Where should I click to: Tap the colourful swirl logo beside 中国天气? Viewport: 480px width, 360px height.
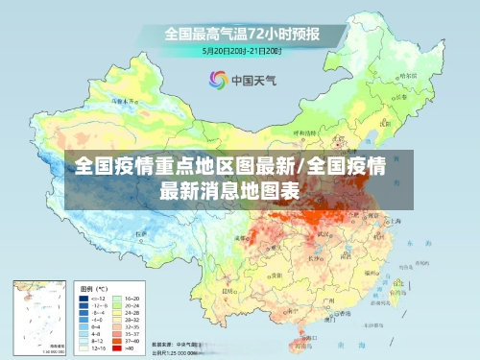tap(217, 80)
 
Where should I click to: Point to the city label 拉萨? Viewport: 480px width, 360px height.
tap(142, 234)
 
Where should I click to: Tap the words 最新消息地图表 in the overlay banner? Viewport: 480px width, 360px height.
tap(230, 189)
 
